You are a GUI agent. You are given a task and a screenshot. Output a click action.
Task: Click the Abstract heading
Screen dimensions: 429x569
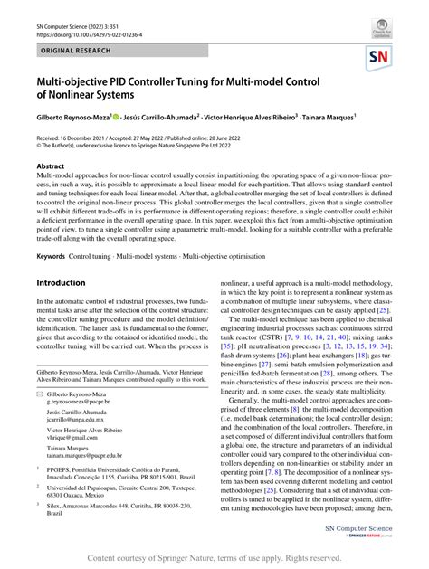coord(50,166)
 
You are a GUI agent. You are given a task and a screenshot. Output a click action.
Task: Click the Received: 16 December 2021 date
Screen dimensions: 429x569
coord(83,135)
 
